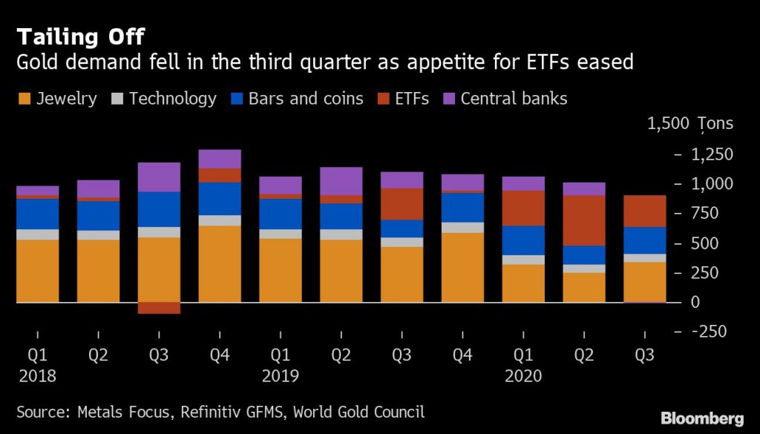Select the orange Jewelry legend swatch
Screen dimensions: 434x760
click(x=25, y=99)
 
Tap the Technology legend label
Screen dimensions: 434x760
click(x=172, y=99)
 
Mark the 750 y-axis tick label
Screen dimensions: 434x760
click(x=718, y=214)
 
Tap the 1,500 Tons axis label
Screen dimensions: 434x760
click(x=689, y=124)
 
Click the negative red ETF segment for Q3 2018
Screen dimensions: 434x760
click(x=159, y=308)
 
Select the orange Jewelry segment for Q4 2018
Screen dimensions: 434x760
click(x=220, y=264)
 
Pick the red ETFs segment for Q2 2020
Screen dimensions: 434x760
click(x=584, y=220)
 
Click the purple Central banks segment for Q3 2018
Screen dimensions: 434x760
click(x=159, y=177)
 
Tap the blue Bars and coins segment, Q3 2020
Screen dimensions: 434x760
click(x=644, y=240)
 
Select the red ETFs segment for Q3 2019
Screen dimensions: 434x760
click(x=402, y=204)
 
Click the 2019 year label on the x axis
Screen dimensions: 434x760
click(x=280, y=376)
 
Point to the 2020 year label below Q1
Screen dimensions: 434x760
click(x=523, y=376)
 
